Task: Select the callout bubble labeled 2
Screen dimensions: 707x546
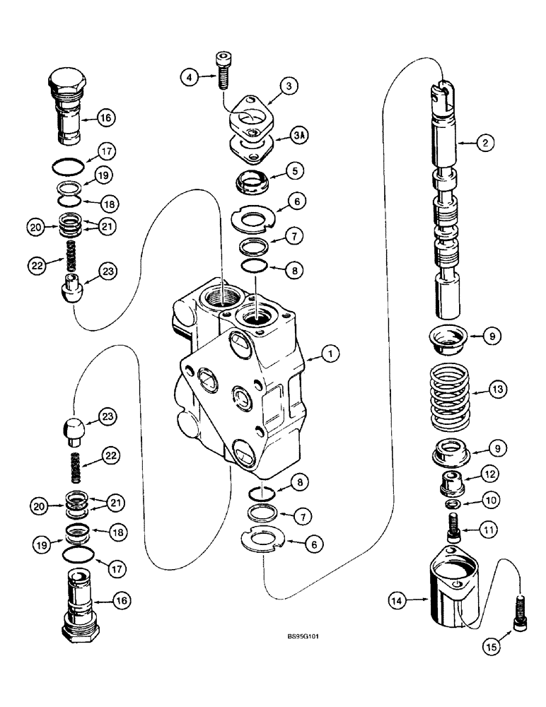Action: tap(484, 144)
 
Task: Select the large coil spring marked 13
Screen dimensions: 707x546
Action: tap(441, 395)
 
